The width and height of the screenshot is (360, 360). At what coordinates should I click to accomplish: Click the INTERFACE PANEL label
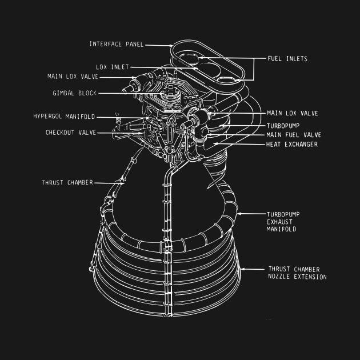[117, 44]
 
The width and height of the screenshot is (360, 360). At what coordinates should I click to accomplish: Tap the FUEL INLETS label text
[287, 59]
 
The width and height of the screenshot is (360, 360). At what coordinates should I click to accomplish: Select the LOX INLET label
[113, 67]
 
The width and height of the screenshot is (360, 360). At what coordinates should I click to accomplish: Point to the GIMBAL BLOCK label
[75, 93]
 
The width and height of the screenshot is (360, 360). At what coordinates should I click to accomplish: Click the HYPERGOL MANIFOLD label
[64, 117]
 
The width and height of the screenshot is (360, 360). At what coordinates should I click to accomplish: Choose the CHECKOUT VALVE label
[71, 133]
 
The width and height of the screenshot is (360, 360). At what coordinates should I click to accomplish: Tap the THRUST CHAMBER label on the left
[67, 182]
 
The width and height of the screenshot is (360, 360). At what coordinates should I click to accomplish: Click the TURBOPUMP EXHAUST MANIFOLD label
[283, 222]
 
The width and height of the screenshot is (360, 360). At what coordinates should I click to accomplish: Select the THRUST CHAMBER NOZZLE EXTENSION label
[297, 273]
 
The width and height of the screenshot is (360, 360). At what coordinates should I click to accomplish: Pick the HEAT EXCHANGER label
[292, 145]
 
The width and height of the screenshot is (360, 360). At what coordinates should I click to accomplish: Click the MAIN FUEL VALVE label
[294, 135]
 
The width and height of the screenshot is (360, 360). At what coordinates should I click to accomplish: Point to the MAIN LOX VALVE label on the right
[293, 113]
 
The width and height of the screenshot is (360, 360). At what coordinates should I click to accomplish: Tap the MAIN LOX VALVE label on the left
[73, 77]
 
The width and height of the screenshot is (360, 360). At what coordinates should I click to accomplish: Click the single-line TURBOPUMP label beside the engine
[283, 126]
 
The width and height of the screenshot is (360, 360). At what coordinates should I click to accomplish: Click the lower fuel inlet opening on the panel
[227, 80]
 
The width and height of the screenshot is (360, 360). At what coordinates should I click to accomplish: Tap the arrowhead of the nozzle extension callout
[242, 269]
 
